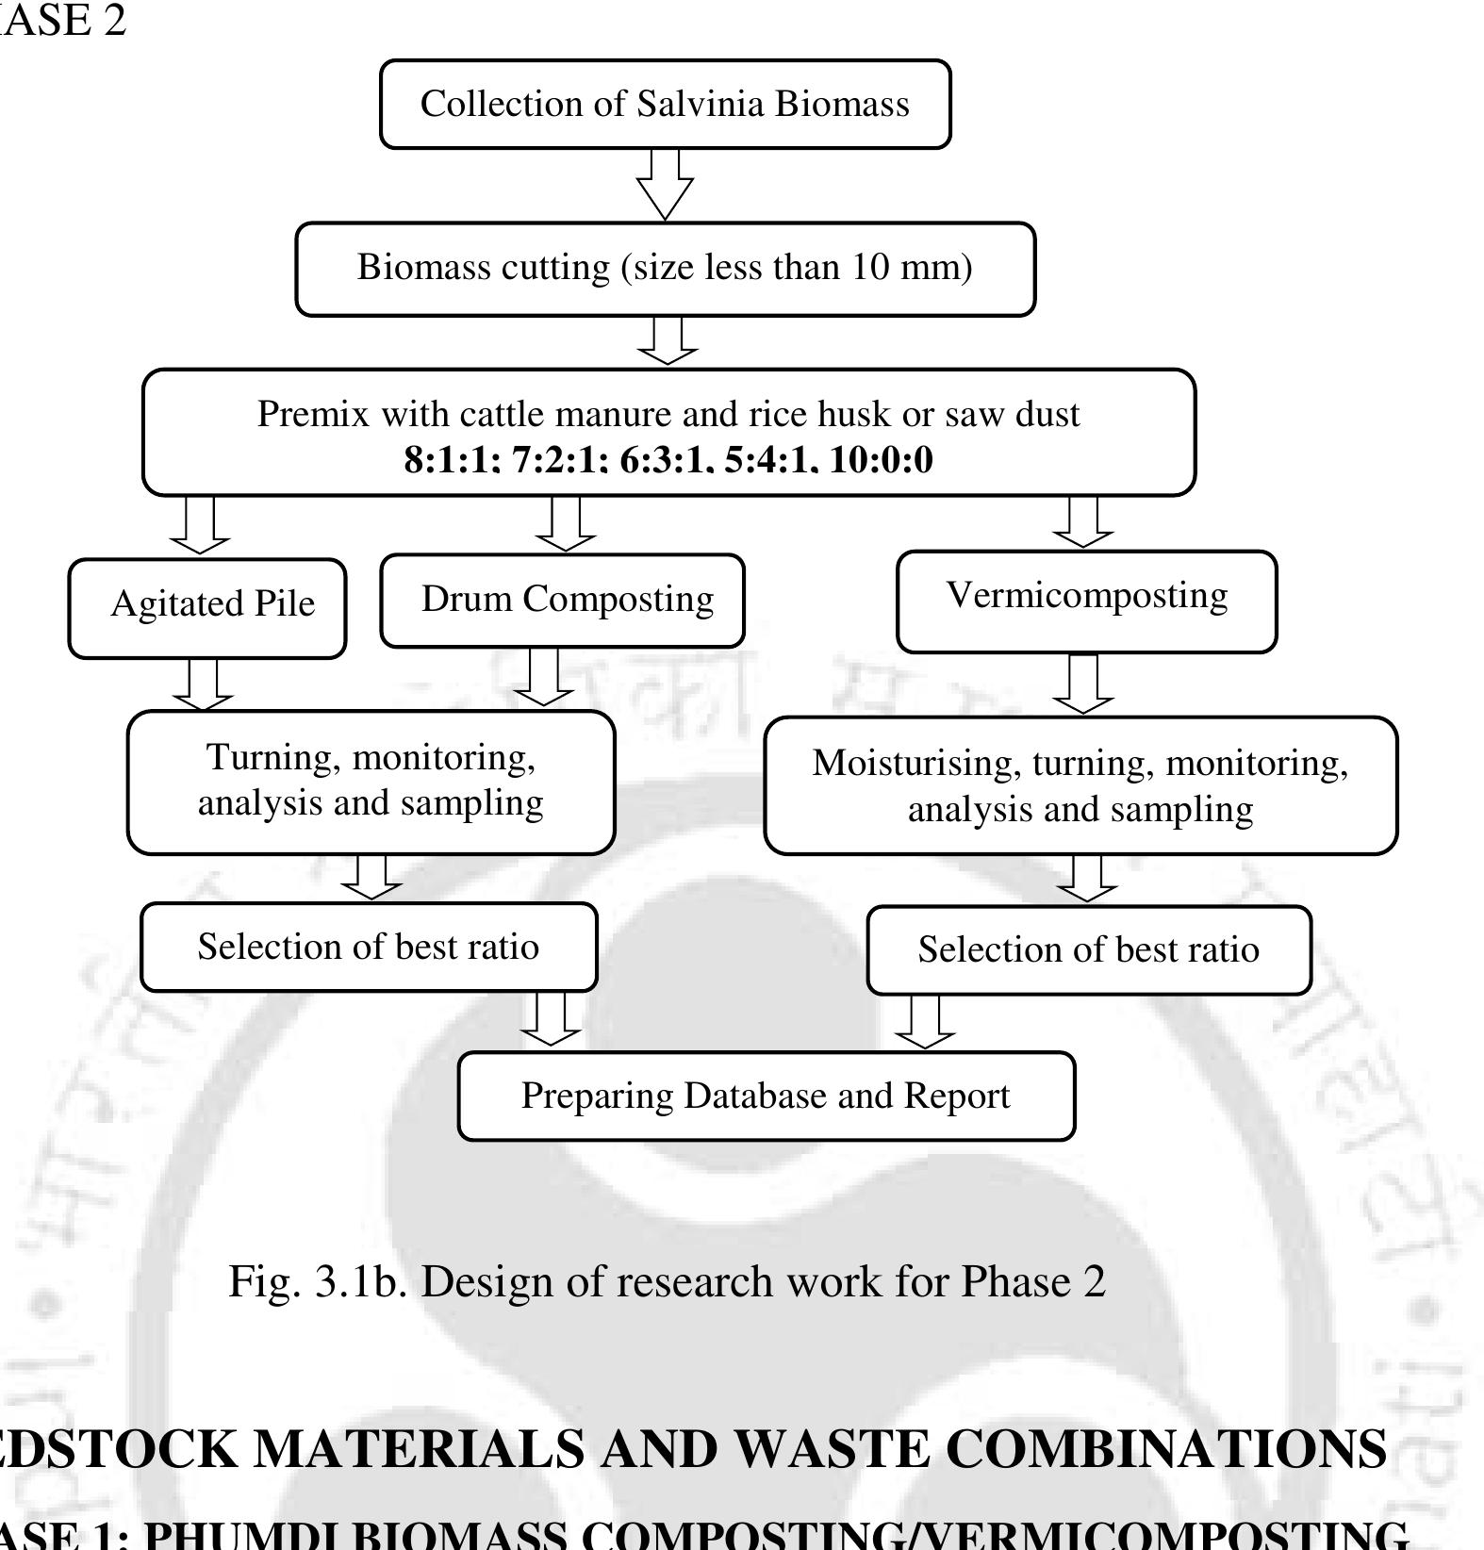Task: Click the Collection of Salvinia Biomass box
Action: click(x=665, y=104)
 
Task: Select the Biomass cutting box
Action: click(x=665, y=268)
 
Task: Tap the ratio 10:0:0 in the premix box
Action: click(x=881, y=460)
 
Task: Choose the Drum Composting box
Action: click(x=563, y=600)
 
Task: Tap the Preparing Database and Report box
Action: click(x=766, y=1096)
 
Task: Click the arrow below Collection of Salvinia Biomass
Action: click(x=665, y=185)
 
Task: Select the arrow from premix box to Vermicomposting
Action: click(x=1083, y=522)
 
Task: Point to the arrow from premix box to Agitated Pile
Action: click(x=200, y=526)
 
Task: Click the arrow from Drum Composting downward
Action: click(x=543, y=677)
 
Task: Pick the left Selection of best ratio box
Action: click(x=368, y=947)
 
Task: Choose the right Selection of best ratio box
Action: click(x=1088, y=950)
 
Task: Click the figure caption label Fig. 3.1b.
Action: click(x=317, y=1281)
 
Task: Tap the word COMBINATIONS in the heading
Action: click(x=1165, y=1449)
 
